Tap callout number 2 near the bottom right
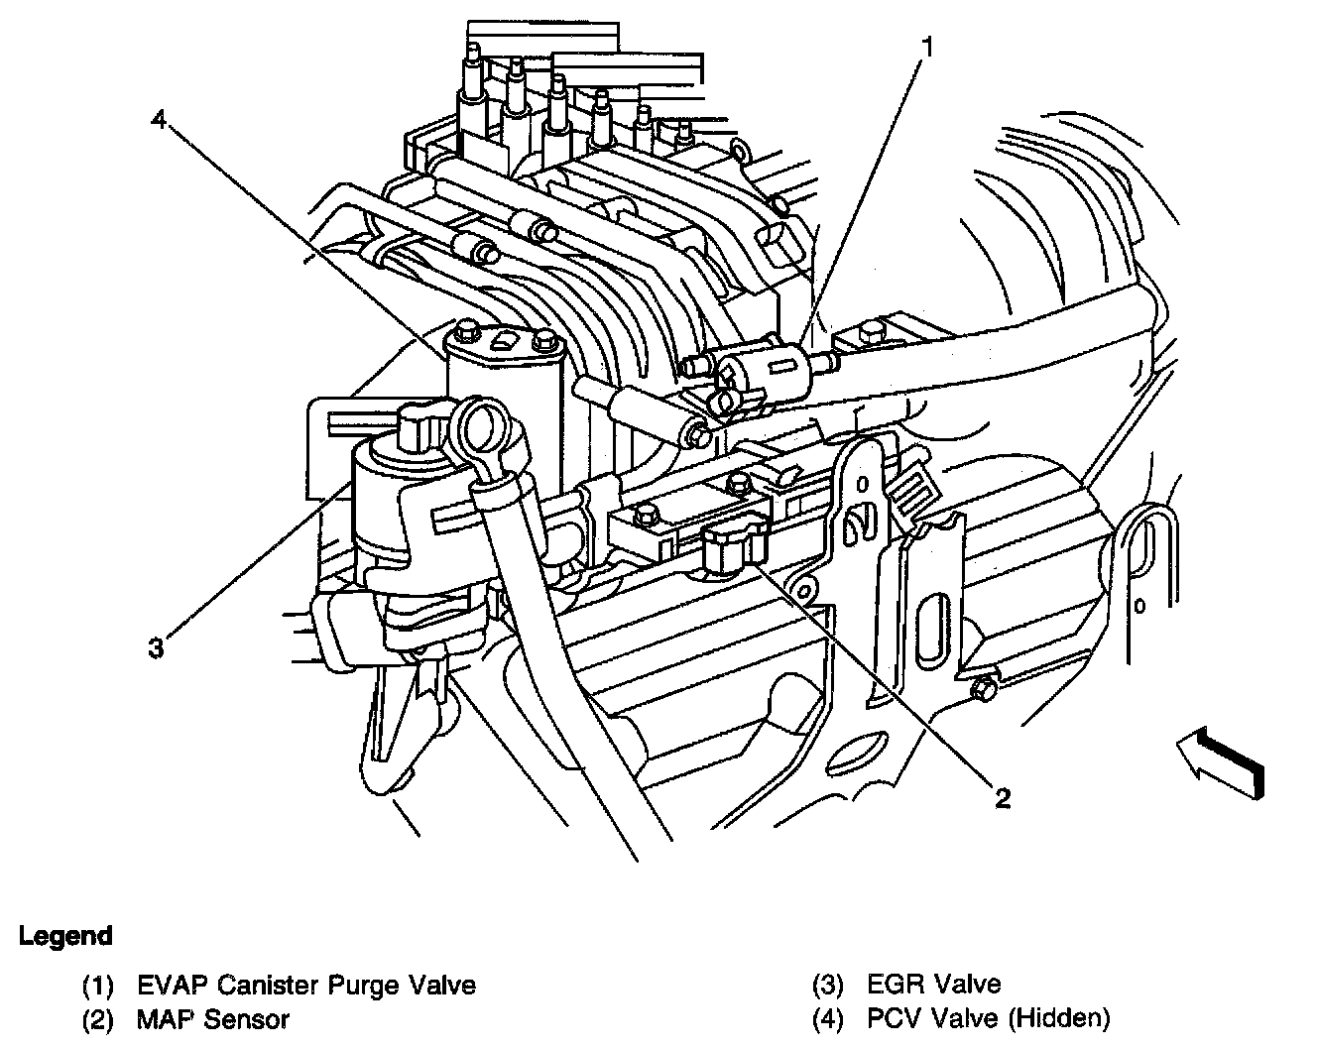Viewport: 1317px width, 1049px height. (x=1003, y=797)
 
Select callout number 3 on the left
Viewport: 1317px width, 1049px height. (x=156, y=649)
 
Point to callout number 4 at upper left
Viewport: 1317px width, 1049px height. (x=159, y=120)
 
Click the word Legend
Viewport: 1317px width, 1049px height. (x=65, y=936)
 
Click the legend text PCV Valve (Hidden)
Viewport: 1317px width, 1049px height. (x=989, y=1017)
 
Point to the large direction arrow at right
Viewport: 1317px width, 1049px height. (x=1221, y=759)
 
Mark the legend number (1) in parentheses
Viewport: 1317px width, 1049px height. (x=98, y=986)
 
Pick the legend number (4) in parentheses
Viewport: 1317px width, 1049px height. (x=828, y=1017)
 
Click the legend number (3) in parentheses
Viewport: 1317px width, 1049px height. (x=828, y=985)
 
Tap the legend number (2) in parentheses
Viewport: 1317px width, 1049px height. (x=98, y=1018)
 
